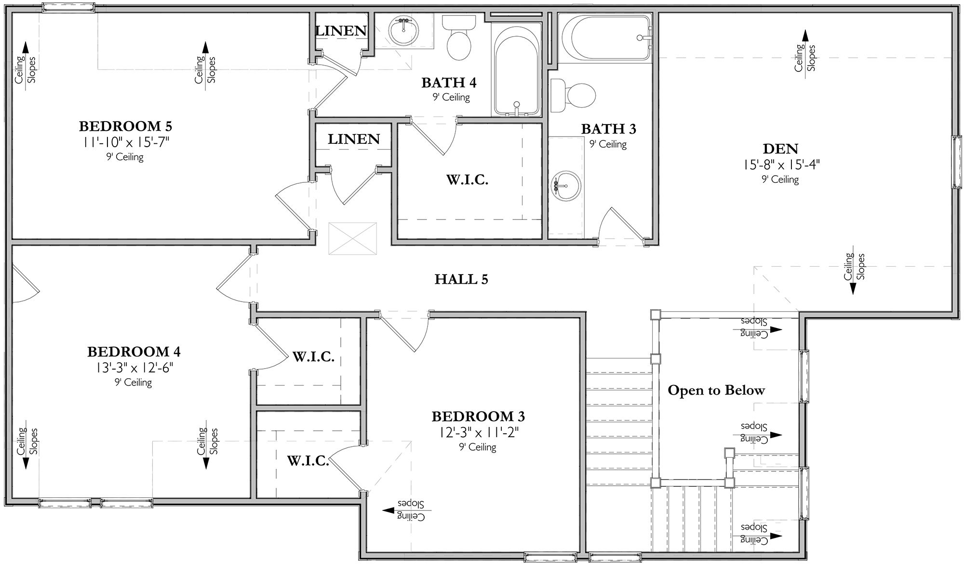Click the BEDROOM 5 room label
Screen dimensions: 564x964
[125, 126]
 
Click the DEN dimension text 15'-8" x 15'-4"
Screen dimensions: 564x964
[780, 165]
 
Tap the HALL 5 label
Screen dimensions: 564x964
[461, 279]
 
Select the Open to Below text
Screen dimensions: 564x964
[716, 390]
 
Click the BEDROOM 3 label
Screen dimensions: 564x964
[478, 416]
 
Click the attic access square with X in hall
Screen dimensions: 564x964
[352, 238]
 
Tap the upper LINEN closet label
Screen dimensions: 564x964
[341, 31]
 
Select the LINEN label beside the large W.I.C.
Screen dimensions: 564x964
[354, 139]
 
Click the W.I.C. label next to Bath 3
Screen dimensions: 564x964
[467, 180]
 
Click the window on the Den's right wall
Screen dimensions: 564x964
[956, 162]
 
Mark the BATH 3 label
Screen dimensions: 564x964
[608, 129]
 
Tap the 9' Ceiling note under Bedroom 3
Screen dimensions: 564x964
[477, 447]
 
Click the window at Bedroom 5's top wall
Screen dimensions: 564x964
[67, 8]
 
